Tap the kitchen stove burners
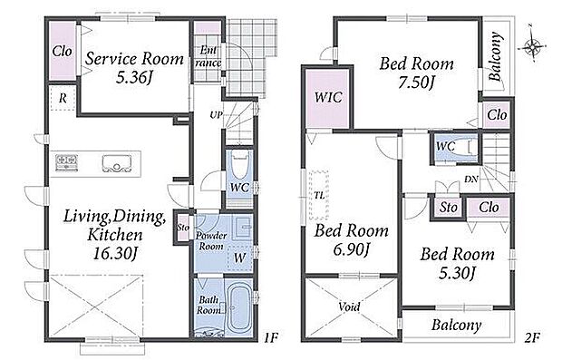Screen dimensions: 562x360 (67, 162)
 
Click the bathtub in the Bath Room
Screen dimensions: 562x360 (240, 306)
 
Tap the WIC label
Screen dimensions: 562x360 (328, 97)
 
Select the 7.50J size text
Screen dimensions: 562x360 (417, 83)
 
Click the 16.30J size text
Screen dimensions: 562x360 (115, 254)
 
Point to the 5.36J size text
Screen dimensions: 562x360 (134, 77)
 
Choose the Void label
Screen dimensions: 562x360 (349, 306)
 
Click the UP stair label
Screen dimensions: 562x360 (216, 115)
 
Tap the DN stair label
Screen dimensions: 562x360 (471, 179)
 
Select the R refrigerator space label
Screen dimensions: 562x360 (63, 98)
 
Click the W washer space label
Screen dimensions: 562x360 (240, 258)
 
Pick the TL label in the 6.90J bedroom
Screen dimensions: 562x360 (319, 196)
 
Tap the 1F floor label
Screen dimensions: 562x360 (271, 337)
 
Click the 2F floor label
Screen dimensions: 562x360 (532, 337)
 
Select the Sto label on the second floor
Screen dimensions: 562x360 (449, 208)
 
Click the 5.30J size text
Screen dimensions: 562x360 (457, 274)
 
